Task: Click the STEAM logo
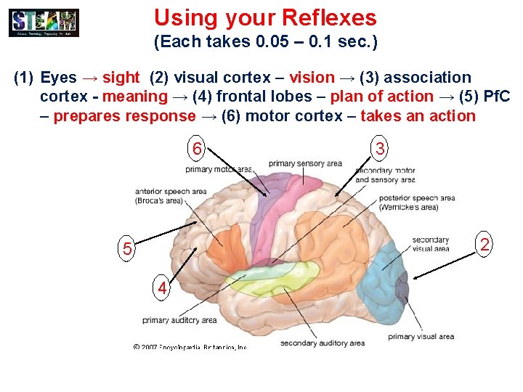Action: [x=44, y=23]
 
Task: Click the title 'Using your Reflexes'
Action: [x=265, y=17]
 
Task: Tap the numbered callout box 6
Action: [x=196, y=150]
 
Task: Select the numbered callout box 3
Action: [x=380, y=149]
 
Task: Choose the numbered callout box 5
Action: [x=126, y=249]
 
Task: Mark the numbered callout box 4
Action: [x=163, y=288]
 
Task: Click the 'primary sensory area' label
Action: [x=305, y=163]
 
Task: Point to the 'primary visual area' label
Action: [x=421, y=336]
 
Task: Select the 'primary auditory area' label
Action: [x=179, y=320]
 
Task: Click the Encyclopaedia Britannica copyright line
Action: [x=190, y=347]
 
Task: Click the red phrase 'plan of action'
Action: [x=381, y=97]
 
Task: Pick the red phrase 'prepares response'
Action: [x=124, y=115]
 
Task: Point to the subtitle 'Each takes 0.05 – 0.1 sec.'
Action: [x=265, y=43]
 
